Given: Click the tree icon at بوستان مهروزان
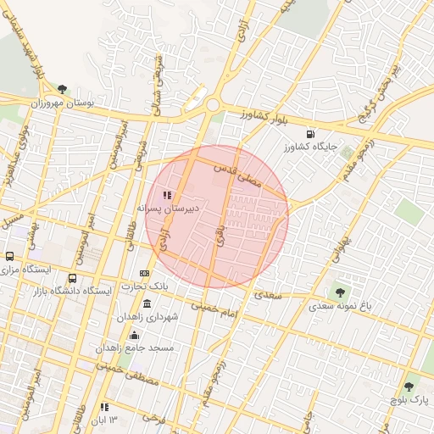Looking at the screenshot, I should (x=62, y=88).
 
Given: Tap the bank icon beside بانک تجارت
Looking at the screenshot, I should (x=144, y=273).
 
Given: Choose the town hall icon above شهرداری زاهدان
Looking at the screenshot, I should (x=147, y=303).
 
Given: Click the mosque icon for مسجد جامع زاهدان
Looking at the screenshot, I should (x=134, y=335).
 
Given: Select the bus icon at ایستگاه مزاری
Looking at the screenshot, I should (x=9, y=256).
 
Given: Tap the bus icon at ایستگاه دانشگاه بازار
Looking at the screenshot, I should (x=72, y=278).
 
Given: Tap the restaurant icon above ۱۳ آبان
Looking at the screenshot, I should (x=103, y=407).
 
